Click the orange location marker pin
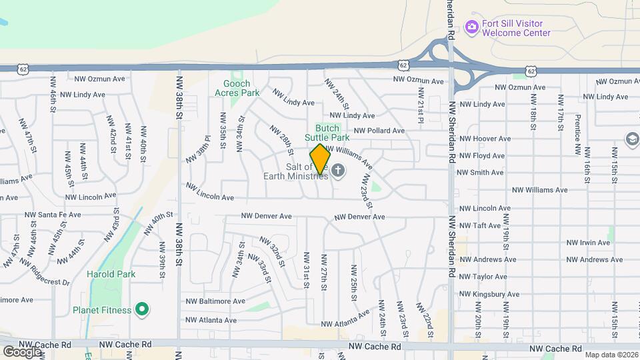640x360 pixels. tap(320, 159)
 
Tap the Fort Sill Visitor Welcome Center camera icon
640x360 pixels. tap(473, 27)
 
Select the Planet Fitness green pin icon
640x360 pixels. tap(141, 309)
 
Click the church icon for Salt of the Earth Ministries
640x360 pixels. tap(339, 171)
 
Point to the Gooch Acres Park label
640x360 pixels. tap(237, 89)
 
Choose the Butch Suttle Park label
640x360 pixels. tap(327, 133)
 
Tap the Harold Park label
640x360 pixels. tap(111, 274)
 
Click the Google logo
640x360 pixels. tap(22, 351)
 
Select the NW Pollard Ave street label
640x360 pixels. tap(379, 131)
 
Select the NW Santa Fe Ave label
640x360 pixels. tap(53, 215)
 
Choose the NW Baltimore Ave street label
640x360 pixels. tap(215, 301)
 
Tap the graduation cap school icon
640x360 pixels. tap(631, 139)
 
